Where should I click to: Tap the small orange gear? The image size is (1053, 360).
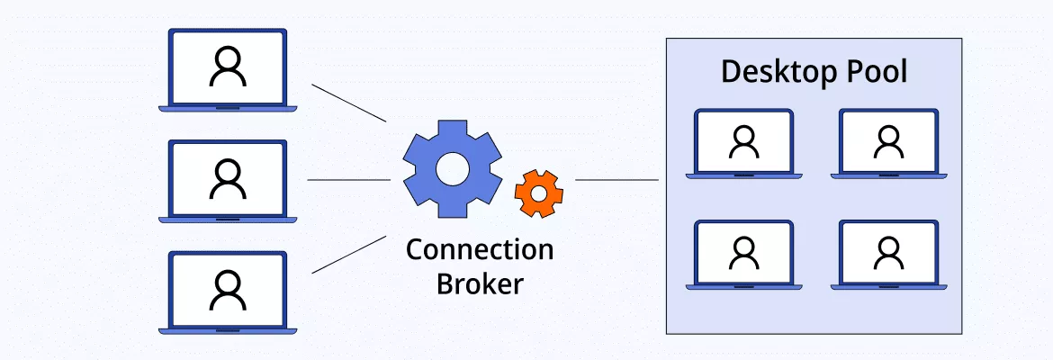click(538, 193)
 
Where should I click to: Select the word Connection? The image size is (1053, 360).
click(480, 249)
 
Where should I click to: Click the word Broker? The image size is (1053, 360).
click(480, 283)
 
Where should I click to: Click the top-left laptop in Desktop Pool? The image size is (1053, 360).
click(743, 142)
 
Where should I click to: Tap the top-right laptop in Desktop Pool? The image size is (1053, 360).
click(888, 142)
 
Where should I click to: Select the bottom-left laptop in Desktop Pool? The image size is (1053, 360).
click(743, 254)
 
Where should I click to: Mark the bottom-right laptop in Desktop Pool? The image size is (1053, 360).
click(888, 254)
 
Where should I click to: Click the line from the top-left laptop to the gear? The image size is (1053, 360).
click(348, 103)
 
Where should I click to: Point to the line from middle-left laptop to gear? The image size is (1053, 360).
click(349, 180)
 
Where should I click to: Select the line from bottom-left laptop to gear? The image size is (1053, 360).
click(348, 255)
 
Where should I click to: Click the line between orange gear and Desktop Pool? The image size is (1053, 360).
click(616, 180)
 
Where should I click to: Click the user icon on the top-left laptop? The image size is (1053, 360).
click(228, 67)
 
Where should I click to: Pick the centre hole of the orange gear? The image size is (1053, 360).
click(538, 193)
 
